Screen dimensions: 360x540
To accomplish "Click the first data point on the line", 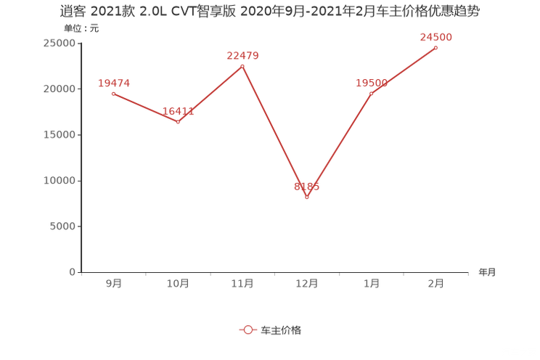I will (113, 94).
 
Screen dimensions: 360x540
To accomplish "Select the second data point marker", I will (178, 122).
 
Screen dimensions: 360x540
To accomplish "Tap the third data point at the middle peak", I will (242, 66).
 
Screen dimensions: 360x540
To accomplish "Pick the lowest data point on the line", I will (307, 197).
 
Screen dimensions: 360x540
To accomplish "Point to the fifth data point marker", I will (372, 93).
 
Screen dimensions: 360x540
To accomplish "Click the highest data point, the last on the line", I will (436, 47).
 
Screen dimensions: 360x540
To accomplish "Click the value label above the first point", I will (113, 82).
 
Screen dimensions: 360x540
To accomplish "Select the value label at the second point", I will (178, 111).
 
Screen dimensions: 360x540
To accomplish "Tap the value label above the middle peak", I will (242, 54).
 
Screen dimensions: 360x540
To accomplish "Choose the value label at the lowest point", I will (306, 187).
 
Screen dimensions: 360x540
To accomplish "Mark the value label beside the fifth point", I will (371, 83).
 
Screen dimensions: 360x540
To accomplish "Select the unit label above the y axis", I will (81, 29).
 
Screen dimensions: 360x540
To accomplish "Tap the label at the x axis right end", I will (487, 272).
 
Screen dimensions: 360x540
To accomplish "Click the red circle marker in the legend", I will (247, 330).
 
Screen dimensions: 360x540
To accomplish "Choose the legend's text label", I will (281, 330).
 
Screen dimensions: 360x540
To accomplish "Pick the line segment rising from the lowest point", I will (340, 144).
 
